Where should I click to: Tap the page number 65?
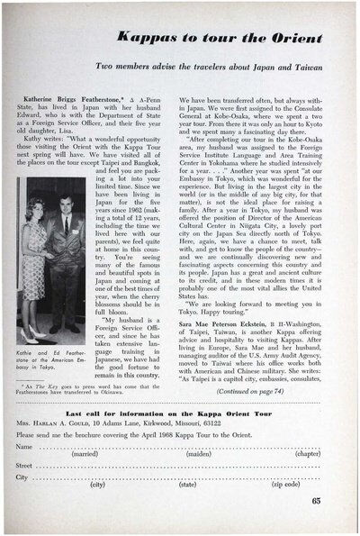click(318, 501)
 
